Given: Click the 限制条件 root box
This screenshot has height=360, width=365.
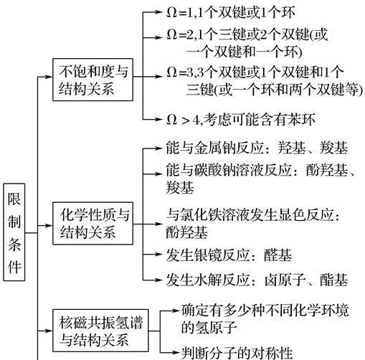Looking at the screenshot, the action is click(x=14, y=232).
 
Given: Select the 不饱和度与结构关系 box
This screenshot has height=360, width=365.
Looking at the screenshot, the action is click(x=93, y=80).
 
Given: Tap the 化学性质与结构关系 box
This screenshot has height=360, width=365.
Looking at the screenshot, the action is click(x=93, y=223).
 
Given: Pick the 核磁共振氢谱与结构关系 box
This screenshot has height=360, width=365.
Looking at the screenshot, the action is click(x=100, y=331).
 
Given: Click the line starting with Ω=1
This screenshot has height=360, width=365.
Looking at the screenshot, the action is click(x=231, y=12).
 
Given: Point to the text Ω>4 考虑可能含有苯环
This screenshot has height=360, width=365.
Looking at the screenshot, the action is click(x=241, y=119).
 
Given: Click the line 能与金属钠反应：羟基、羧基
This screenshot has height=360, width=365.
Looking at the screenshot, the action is click(x=257, y=148).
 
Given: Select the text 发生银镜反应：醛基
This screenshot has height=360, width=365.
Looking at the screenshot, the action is click(x=229, y=255).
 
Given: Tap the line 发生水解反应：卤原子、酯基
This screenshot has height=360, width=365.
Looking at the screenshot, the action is click(x=257, y=280).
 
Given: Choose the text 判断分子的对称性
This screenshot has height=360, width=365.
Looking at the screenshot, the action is click(x=237, y=352).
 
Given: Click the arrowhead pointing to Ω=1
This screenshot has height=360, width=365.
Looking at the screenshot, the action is click(x=158, y=12).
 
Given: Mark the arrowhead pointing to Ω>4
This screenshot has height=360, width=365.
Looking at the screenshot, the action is click(x=158, y=119).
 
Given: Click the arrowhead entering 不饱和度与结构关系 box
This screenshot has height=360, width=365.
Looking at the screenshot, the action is click(x=49, y=77).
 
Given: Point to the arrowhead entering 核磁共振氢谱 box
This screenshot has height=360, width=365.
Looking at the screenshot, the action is click(x=49, y=331).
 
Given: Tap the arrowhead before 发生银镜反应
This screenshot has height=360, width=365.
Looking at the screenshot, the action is click(x=158, y=255).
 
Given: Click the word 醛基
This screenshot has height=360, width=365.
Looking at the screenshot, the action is click(x=278, y=255).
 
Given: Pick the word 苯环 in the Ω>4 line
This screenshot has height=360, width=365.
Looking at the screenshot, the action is click(x=301, y=119).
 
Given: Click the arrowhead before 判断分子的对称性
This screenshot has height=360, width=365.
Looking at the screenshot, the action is click(x=176, y=352).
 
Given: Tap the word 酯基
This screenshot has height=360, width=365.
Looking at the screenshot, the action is click(x=334, y=280).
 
